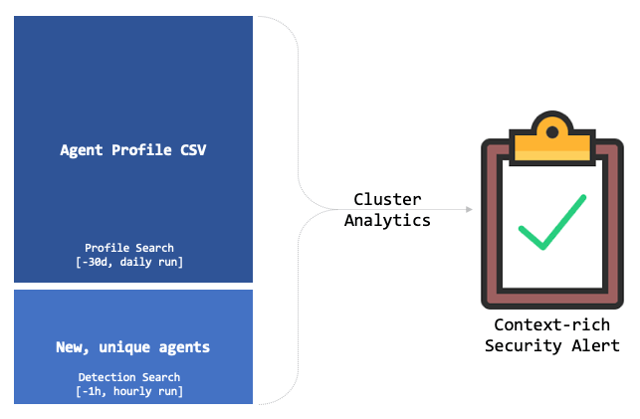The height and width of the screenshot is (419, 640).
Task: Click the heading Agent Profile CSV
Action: [133, 150]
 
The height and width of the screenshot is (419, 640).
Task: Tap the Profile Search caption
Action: [133, 248]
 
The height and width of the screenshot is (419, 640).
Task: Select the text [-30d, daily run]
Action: [133, 262]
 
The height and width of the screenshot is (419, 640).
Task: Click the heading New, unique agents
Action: [133, 348]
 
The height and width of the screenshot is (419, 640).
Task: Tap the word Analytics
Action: [387, 220]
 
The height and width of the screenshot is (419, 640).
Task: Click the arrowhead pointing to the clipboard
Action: [469, 210]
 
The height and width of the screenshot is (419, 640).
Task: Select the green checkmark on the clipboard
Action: [551, 222]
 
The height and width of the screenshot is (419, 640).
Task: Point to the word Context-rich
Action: [551, 325]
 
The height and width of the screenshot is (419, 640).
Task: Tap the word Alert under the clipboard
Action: [596, 345]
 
